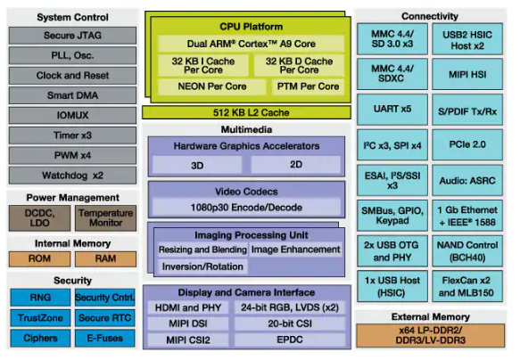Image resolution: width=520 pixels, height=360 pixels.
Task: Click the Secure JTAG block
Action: click(x=72, y=36)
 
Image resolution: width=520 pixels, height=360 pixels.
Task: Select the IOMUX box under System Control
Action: click(x=72, y=115)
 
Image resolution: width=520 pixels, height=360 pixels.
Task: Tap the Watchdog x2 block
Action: click(x=72, y=176)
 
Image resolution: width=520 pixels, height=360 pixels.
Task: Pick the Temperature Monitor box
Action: click(x=105, y=218)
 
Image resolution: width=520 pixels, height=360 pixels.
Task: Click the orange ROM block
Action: click(x=40, y=258)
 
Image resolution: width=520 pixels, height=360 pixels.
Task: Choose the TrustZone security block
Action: click(x=40, y=318)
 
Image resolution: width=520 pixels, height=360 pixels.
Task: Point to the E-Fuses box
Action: click(x=104, y=338)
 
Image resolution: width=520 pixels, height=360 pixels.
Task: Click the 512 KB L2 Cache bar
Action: click(x=246, y=112)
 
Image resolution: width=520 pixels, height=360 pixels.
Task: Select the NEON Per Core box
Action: click(x=212, y=86)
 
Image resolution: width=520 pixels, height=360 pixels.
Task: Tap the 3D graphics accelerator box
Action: click(x=197, y=165)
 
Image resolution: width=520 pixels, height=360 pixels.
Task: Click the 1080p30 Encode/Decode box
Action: click(x=246, y=208)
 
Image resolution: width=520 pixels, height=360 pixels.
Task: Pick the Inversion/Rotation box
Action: click(x=202, y=266)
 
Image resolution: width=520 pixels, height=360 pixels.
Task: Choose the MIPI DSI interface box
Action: click(x=188, y=323)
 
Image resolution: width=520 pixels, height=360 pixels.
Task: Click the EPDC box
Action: click(x=290, y=340)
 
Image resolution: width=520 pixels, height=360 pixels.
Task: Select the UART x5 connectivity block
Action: click(x=392, y=110)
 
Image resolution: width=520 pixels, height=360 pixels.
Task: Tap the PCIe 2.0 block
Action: click(x=467, y=144)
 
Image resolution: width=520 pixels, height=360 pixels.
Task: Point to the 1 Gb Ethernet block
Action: click(x=467, y=216)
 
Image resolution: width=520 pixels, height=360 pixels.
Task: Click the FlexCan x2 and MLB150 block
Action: click(x=467, y=286)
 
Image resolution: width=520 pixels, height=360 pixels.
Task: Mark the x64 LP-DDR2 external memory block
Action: click(x=431, y=335)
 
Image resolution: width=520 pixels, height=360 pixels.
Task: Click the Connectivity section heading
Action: click(x=430, y=16)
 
